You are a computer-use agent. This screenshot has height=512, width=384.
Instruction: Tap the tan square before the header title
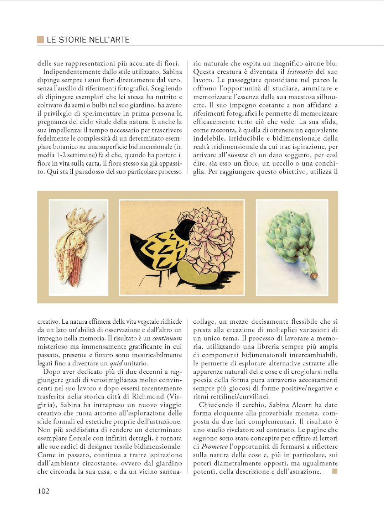click(40, 40)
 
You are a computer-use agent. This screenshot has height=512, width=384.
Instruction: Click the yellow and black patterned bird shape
click(165, 248)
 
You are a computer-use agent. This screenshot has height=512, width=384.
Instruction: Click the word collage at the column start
click(205, 321)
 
